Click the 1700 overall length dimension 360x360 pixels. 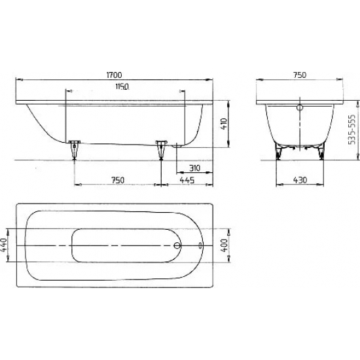[x=114, y=75]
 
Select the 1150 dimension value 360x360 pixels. [x=122, y=86]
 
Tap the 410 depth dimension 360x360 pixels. [x=224, y=124]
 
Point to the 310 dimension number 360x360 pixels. [x=194, y=168]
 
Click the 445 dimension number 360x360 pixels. [x=187, y=180]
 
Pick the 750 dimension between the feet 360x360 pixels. [x=118, y=180]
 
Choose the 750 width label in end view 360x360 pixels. [x=300, y=75]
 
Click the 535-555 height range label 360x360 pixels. [x=351, y=130]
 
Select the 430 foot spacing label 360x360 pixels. [x=300, y=180]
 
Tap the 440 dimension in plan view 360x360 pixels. [x=4, y=245]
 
